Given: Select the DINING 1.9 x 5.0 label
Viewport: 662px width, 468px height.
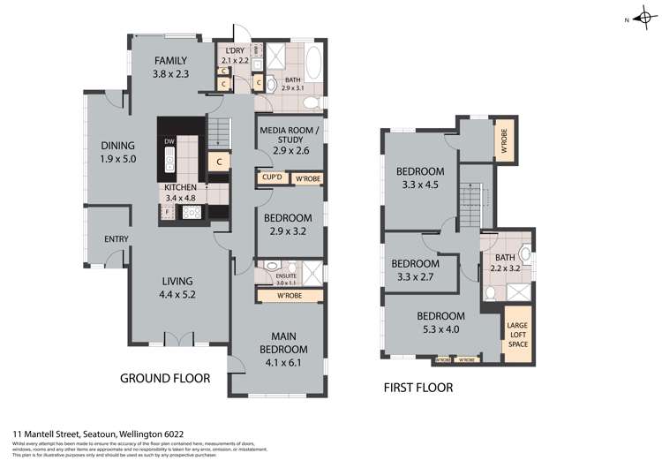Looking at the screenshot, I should pos(117,153).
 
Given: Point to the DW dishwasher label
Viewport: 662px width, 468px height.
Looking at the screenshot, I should pos(169,141).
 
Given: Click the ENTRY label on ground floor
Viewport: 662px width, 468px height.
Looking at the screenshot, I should pos(116,239).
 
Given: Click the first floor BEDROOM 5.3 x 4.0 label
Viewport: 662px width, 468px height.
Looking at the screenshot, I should pos(442,322).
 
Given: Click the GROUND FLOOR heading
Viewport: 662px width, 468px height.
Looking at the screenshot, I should pos(165,378).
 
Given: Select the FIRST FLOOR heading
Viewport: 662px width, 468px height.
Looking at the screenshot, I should pos(418,387).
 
